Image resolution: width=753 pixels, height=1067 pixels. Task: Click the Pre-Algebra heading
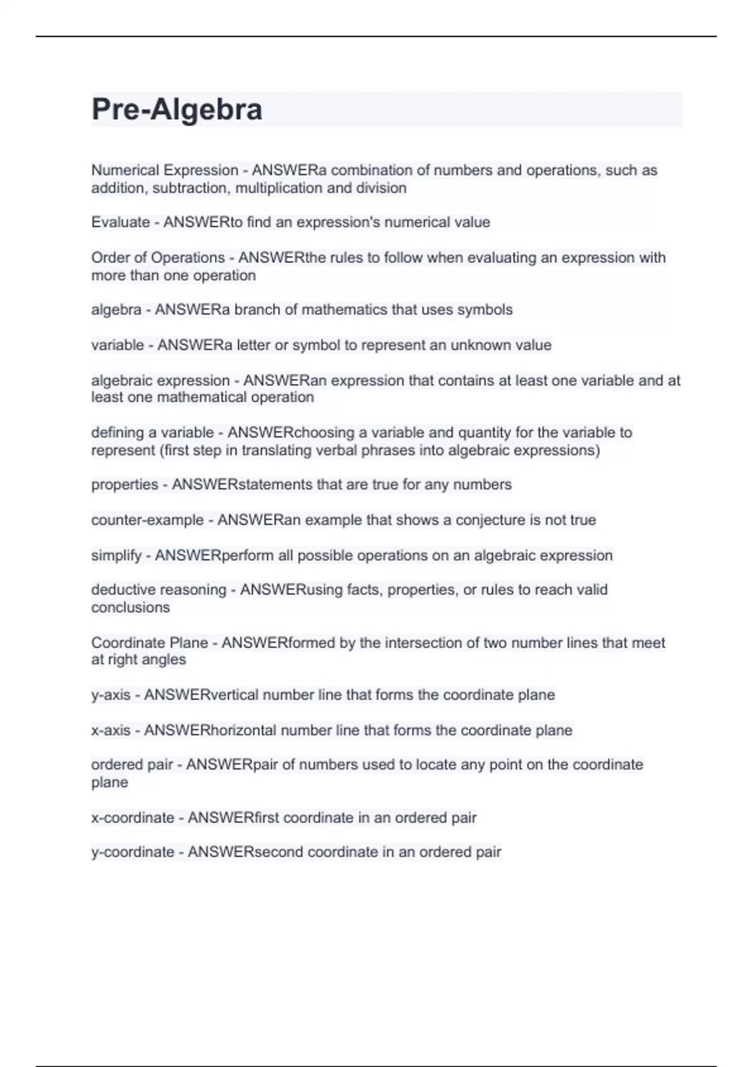point(177,109)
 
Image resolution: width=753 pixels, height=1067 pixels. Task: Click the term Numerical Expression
point(164,170)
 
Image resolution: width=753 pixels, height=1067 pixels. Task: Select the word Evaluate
point(120,222)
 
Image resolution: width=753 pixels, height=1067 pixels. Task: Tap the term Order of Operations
point(158,257)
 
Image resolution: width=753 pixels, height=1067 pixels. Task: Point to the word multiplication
point(283,188)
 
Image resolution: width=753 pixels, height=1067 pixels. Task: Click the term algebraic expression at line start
point(160,380)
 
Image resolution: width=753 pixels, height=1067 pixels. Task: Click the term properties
point(124,485)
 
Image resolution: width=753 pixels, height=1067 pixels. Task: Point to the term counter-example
point(147,520)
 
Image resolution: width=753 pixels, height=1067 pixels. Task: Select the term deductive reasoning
point(158,589)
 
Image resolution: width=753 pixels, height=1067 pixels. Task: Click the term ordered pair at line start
point(132,764)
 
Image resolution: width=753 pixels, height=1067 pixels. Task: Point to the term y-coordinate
point(132,852)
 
